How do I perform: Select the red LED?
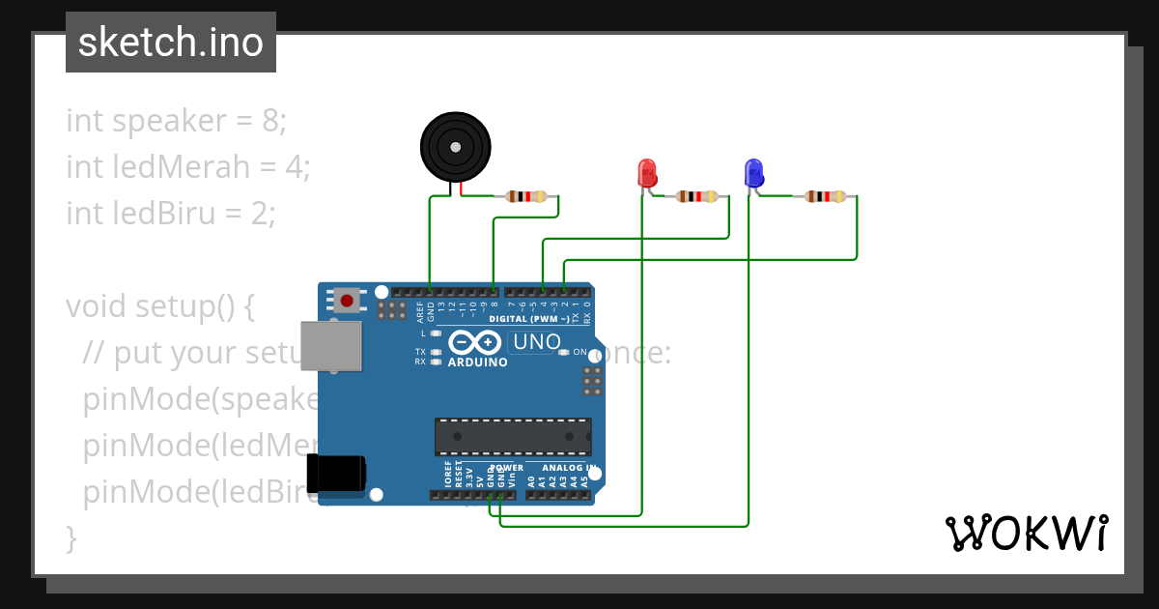[x=646, y=174]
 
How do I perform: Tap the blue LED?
[x=753, y=174]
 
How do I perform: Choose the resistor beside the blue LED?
[x=825, y=196]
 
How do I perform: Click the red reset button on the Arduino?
[x=346, y=299]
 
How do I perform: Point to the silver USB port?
[x=331, y=345]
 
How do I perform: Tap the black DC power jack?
[x=336, y=475]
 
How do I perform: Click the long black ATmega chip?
[x=513, y=436]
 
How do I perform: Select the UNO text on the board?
[x=537, y=342]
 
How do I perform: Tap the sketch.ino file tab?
[x=171, y=43]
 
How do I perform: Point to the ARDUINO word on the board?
[x=477, y=362]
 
